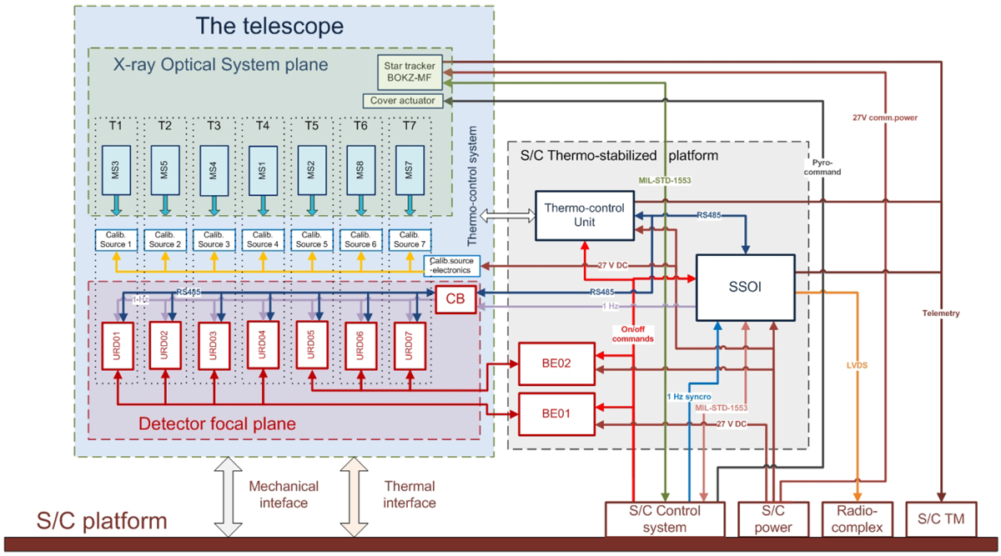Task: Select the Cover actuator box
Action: pos(403,101)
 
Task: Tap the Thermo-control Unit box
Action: pos(580,214)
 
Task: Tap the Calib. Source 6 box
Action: pos(360,240)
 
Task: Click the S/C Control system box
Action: pos(665,518)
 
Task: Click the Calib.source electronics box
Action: pos(451,265)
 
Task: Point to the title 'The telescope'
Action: pos(269,26)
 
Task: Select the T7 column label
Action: pos(409,126)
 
